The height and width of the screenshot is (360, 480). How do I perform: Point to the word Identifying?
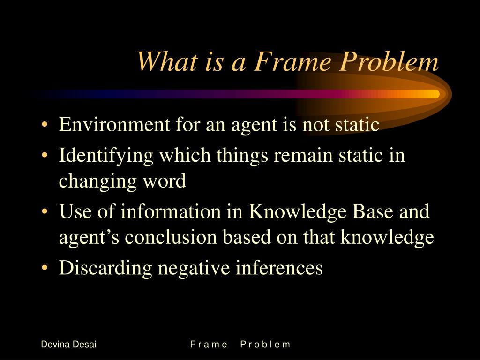(x=106, y=155)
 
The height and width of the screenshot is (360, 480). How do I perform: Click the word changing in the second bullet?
(x=93, y=181)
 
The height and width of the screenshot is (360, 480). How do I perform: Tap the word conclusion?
(x=171, y=237)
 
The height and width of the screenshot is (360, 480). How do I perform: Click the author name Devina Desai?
(x=68, y=345)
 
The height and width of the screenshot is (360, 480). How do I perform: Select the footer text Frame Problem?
(x=240, y=345)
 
